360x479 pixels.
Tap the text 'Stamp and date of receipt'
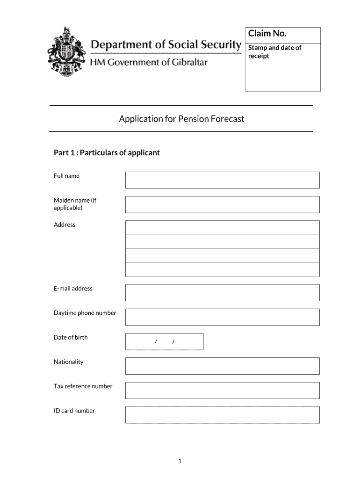click(274, 52)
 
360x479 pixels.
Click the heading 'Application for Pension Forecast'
click(181, 119)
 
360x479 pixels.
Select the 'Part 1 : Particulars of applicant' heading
click(107, 152)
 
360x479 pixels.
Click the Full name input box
click(222, 180)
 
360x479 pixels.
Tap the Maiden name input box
click(222, 204)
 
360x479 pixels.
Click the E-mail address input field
click(222, 293)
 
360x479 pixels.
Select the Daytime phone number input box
click(222, 317)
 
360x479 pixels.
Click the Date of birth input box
click(164, 341)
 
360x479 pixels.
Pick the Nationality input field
click(222, 366)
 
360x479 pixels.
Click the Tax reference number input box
click(222, 391)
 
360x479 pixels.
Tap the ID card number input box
click(222, 415)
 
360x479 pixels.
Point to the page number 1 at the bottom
click(180, 462)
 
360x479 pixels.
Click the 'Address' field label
click(65, 225)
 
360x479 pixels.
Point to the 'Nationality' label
click(69, 362)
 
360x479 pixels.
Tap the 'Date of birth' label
click(71, 337)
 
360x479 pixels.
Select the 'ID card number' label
click(74, 411)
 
